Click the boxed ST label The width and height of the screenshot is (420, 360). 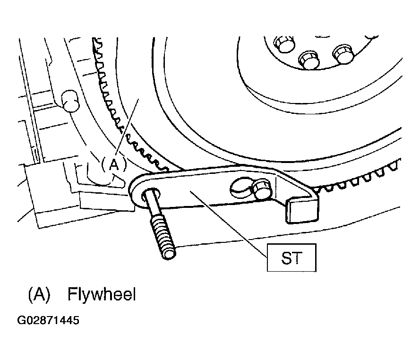click(x=291, y=257)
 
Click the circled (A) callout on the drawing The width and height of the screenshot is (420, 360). click(x=114, y=165)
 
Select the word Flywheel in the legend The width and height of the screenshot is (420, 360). click(x=102, y=294)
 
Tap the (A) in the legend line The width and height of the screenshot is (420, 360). click(x=39, y=295)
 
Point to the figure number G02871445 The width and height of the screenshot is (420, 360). click(x=48, y=320)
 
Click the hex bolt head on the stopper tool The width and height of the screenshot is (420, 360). click(x=262, y=189)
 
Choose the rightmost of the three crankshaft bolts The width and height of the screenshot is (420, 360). click(x=343, y=54)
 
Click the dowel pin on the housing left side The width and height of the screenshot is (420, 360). click(x=70, y=101)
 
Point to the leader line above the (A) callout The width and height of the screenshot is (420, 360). click(x=127, y=127)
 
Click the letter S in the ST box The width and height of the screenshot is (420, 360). click(x=286, y=258)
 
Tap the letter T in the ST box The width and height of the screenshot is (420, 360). click(x=298, y=258)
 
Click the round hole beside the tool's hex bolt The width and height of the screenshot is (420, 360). click(x=240, y=187)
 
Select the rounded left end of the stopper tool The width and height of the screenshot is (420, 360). click(x=139, y=190)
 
